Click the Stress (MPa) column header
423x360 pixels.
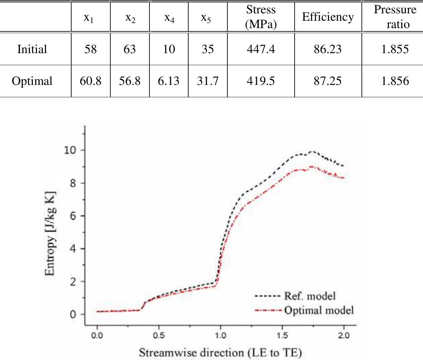(261, 17)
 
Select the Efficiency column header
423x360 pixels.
(328, 17)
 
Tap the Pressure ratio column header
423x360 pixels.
(395, 17)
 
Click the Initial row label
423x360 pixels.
(32, 49)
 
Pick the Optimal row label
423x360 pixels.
(32, 81)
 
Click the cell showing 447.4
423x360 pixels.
(261, 49)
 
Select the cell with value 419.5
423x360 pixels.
(261, 81)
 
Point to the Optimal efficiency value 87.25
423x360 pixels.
(328, 81)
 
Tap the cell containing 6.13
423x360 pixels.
(169, 81)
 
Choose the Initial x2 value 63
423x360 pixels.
(130, 49)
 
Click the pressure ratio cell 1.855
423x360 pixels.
(395, 49)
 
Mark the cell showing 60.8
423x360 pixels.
(90, 81)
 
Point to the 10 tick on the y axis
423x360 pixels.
(70, 150)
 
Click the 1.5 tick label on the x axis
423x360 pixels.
(282, 335)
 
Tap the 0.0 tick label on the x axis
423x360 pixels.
(97, 335)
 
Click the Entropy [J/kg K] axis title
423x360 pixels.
(50, 234)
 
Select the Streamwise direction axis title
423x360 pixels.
(220, 353)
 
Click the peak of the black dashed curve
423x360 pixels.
(312, 151)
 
